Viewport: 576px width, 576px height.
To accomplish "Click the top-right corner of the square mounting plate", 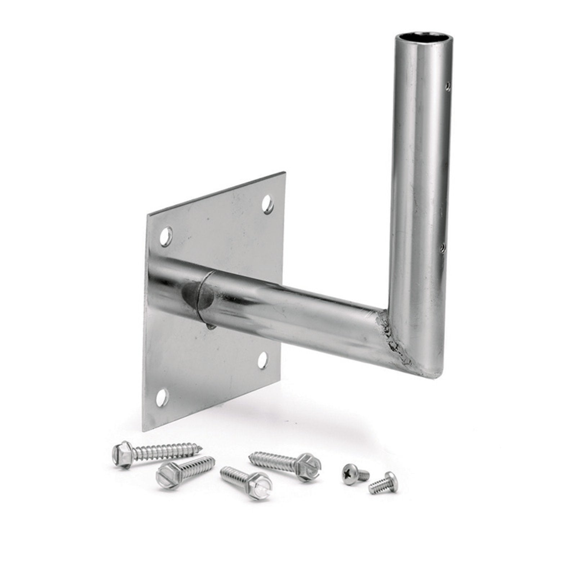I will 285,172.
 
